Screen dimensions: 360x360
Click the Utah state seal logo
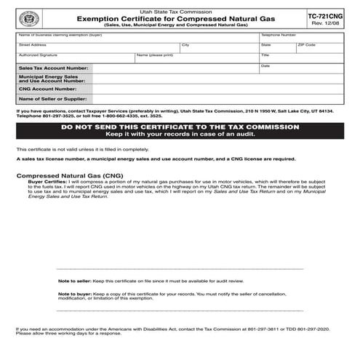[x=27, y=17]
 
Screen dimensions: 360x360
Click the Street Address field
[x=98, y=48]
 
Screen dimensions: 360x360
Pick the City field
[x=218, y=48]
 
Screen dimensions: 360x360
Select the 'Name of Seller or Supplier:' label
[x=55, y=98]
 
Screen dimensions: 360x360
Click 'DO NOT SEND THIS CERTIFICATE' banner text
[x=180, y=127]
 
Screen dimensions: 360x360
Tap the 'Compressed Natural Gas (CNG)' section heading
[x=65, y=176]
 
